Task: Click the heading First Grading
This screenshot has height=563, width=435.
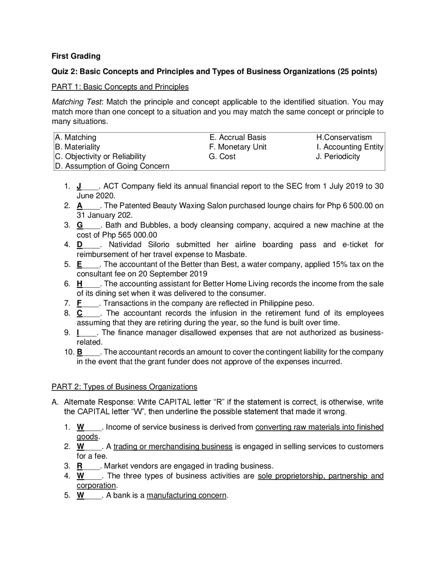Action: click(76, 56)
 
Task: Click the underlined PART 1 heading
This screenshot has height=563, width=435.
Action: click(120, 87)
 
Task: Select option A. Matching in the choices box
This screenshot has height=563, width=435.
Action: click(75, 137)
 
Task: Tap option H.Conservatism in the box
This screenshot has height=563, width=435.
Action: click(344, 137)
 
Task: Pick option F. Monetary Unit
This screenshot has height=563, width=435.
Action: click(238, 147)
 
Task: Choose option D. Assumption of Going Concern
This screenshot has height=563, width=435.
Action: click(112, 166)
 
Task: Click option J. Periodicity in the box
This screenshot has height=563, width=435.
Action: click(337, 156)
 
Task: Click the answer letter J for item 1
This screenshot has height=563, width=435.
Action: click(79, 186)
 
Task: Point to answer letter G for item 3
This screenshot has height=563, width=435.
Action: click(80, 225)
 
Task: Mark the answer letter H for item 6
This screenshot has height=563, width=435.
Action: click(80, 284)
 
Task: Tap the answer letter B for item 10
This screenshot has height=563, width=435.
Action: click(80, 352)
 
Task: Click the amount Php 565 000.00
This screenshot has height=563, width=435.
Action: click(129, 235)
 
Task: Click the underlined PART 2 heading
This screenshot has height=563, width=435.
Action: click(124, 387)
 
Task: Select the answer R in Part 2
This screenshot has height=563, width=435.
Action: click(80, 466)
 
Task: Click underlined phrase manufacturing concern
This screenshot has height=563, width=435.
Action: click(186, 495)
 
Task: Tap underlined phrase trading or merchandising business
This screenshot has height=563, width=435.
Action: click(173, 447)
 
